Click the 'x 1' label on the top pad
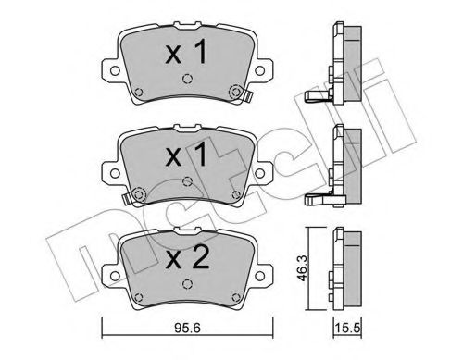[185, 54]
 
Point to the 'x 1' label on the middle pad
[185, 155]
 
